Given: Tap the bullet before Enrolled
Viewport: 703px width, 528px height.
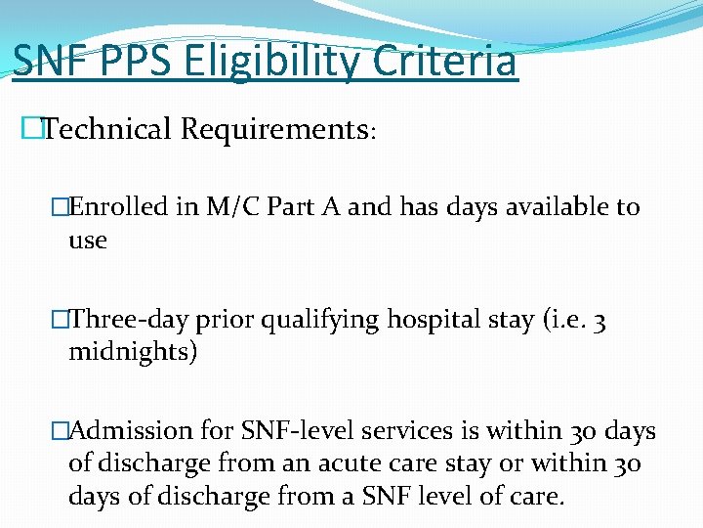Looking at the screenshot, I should (x=61, y=207).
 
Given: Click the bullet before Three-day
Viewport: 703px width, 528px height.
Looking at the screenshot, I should (x=61, y=320).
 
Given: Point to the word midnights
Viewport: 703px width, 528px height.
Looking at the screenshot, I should (x=133, y=352).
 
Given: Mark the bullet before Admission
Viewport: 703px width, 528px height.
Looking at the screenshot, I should (x=61, y=431).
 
